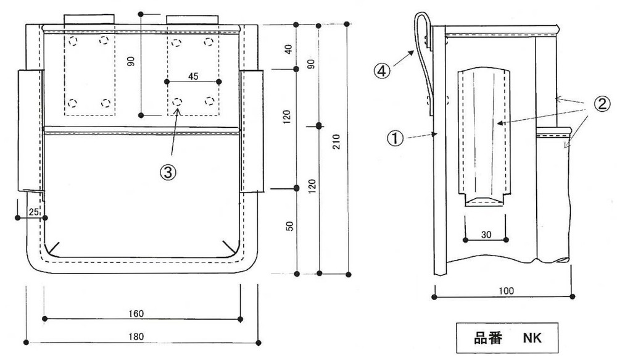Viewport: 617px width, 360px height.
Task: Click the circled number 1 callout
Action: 395,138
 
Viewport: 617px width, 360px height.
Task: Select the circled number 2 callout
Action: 602,104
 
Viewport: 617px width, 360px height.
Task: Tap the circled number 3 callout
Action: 168,172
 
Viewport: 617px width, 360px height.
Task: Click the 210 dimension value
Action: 336,142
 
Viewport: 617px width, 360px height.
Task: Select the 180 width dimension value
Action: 136,337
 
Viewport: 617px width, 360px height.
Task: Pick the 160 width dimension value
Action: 136,314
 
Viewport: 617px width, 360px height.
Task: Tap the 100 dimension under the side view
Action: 506,291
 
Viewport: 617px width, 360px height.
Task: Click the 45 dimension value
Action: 193,76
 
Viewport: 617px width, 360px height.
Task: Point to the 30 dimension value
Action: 486,235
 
